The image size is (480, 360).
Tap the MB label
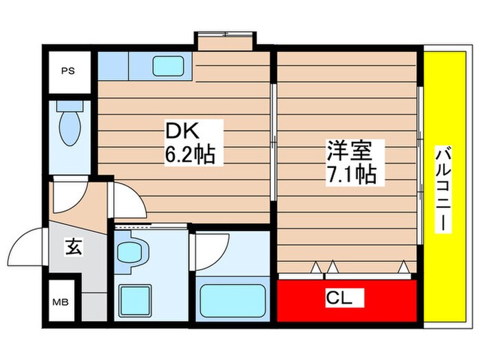pos(62,300)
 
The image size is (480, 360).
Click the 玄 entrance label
pos(73,245)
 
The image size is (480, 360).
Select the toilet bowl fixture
pos(69,123)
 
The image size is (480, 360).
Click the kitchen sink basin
pos(167,67)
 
